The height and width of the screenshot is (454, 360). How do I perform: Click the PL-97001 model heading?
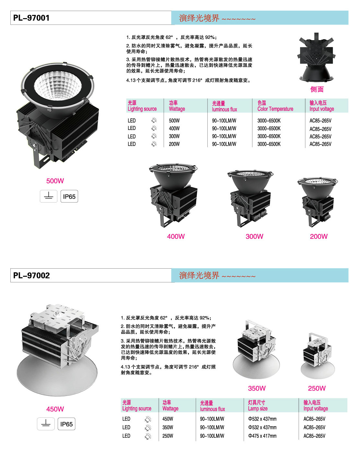tap(31, 18)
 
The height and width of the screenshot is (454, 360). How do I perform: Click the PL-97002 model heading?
tap(31, 275)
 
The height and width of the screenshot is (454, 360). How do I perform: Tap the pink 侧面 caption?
tap(317, 89)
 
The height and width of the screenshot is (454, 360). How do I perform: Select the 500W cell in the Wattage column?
tap(174, 121)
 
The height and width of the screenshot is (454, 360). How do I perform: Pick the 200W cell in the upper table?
tap(174, 144)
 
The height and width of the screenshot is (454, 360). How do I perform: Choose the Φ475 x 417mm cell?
tap(262, 436)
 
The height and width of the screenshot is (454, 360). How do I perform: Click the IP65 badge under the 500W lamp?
tap(69, 196)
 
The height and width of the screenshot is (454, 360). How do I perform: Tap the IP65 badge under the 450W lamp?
tap(66, 424)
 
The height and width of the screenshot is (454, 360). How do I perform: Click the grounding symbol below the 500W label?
tap(49, 196)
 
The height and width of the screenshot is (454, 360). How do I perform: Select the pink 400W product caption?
tap(176, 237)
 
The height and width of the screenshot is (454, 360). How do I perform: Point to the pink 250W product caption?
tap(317, 389)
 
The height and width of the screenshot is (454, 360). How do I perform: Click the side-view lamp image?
tap(316, 58)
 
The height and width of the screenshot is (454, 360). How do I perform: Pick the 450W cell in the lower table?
tap(168, 419)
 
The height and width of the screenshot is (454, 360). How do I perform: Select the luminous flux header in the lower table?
tap(212, 406)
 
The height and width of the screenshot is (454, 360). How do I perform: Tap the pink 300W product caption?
tap(254, 237)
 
